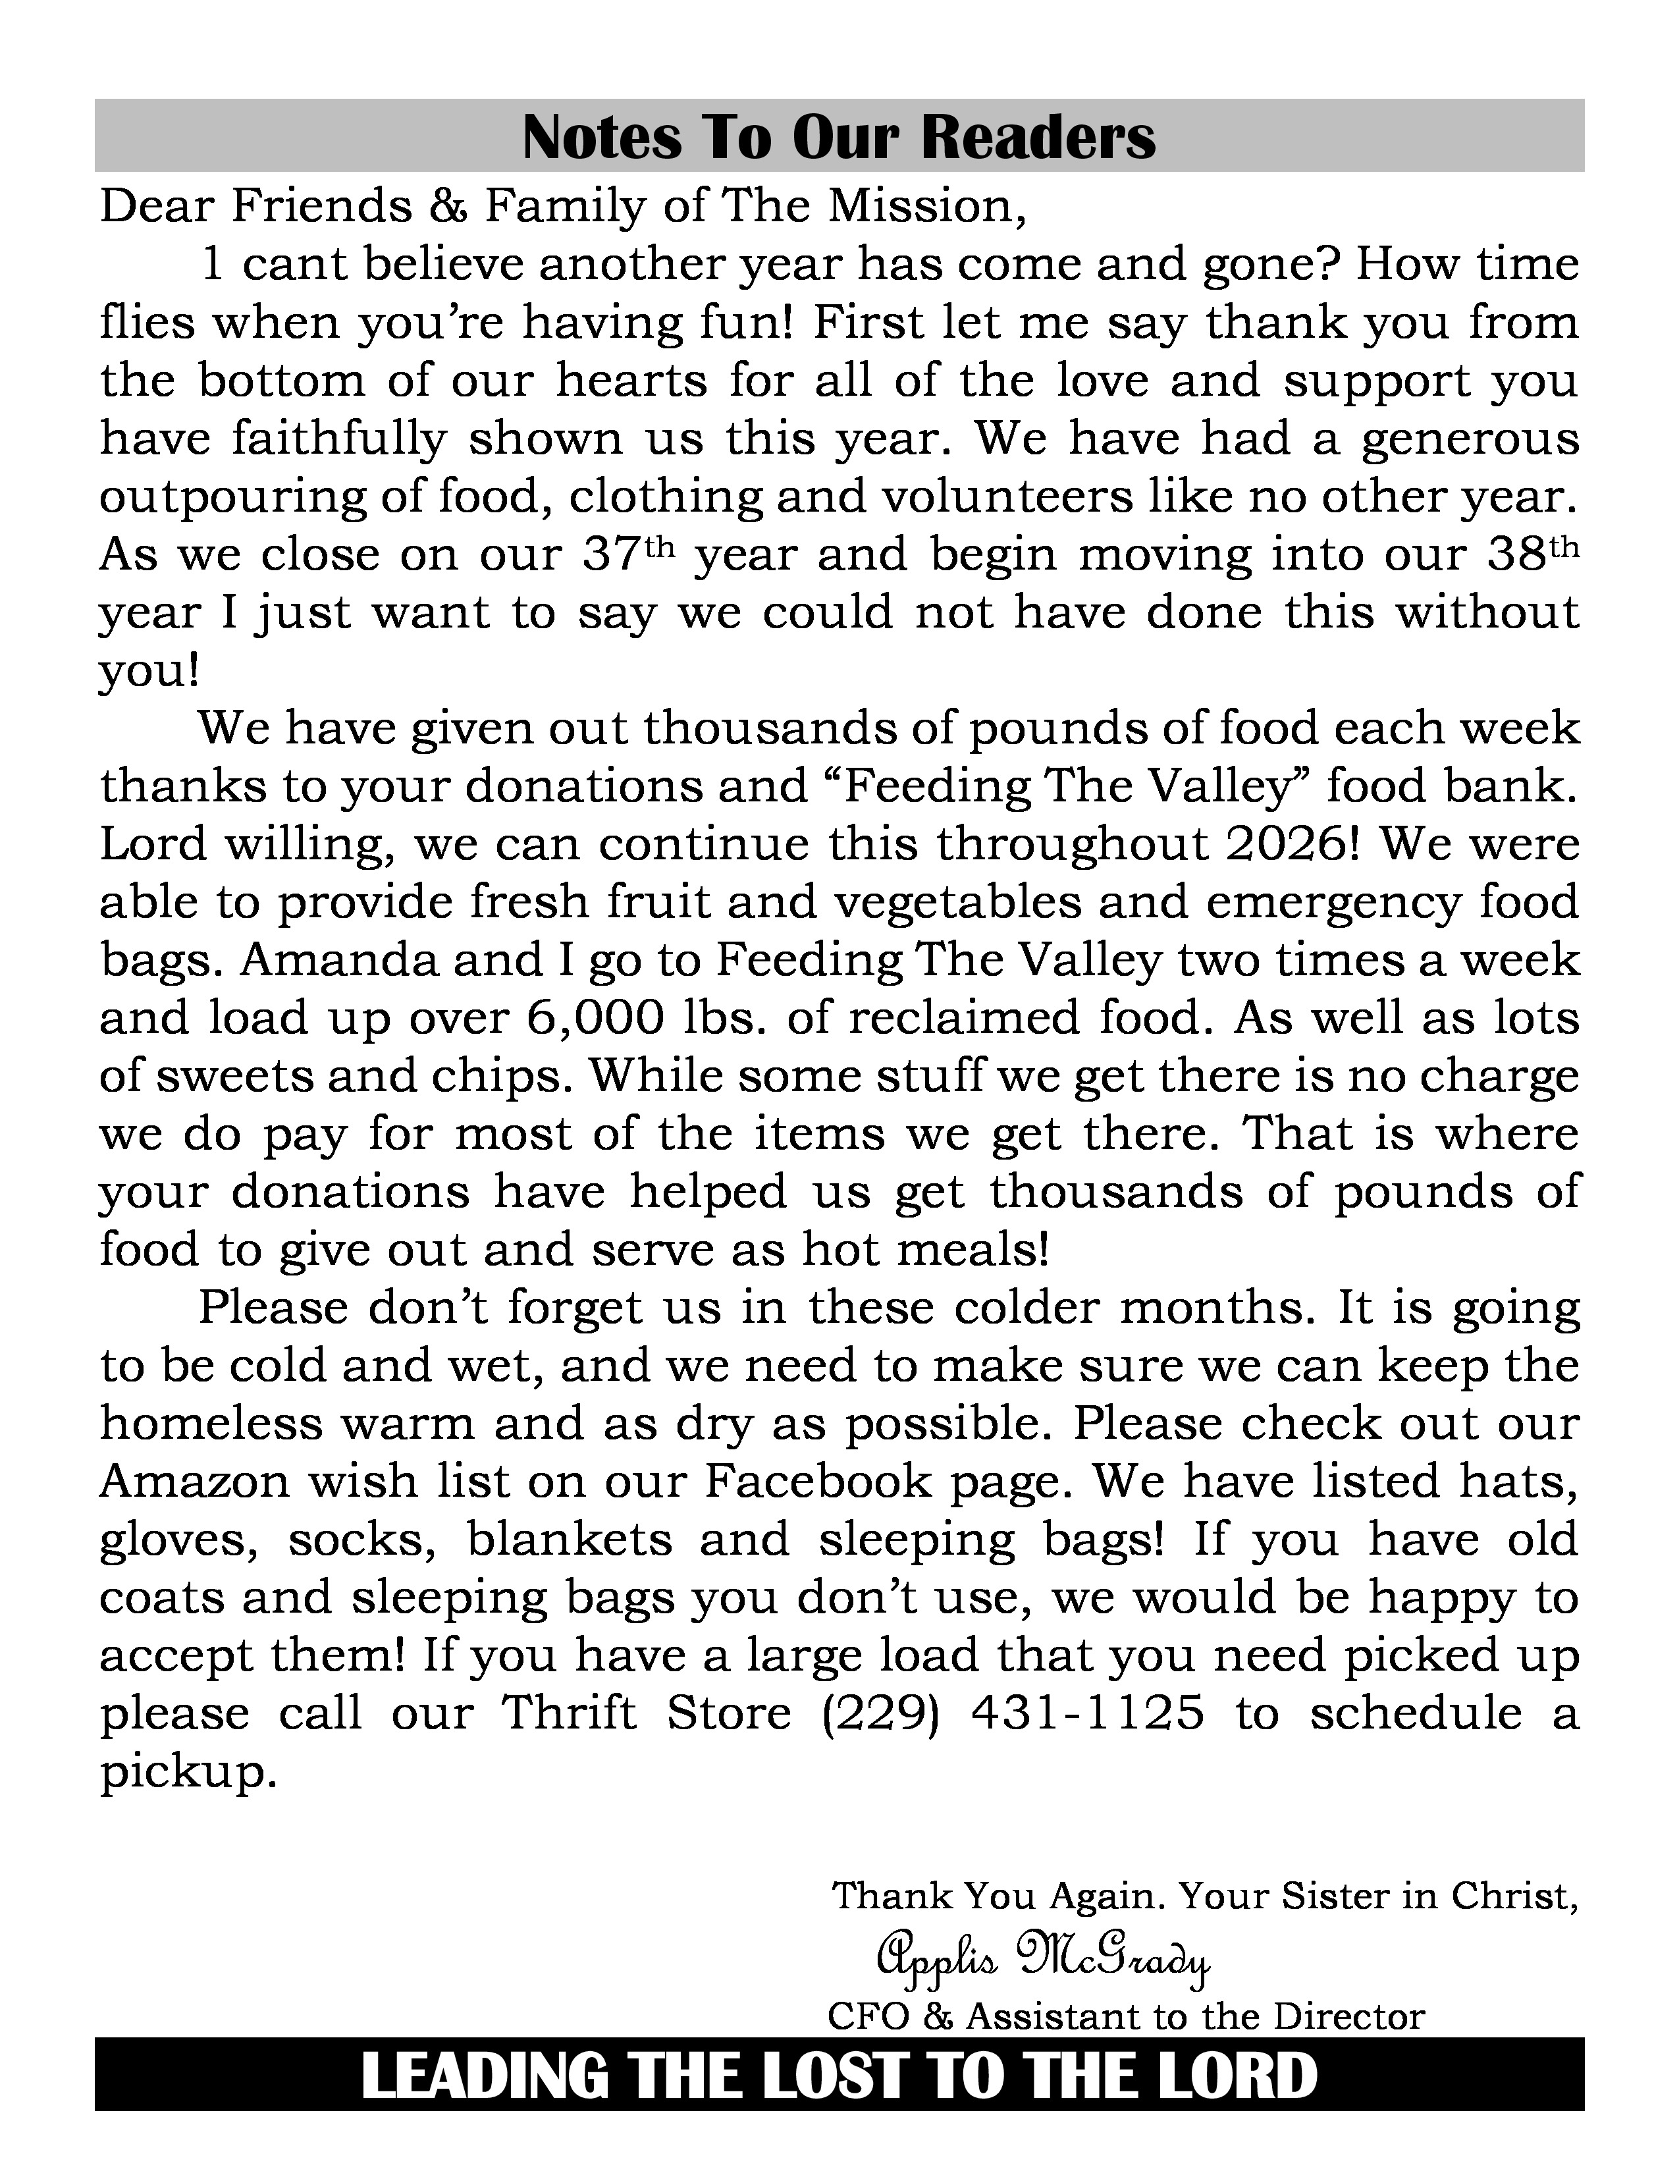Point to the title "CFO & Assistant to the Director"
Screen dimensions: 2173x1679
(x=1126, y=2017)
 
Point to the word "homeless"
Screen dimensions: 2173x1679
(x=210, y=1424)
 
